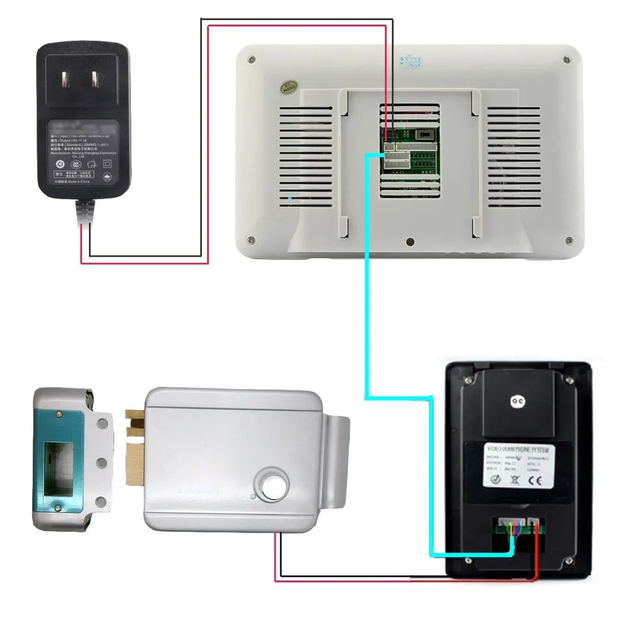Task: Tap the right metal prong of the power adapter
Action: (x=96, y=80)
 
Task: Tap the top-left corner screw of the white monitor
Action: (x=252, y=60)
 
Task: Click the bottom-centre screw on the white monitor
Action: (x=410, y=241)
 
